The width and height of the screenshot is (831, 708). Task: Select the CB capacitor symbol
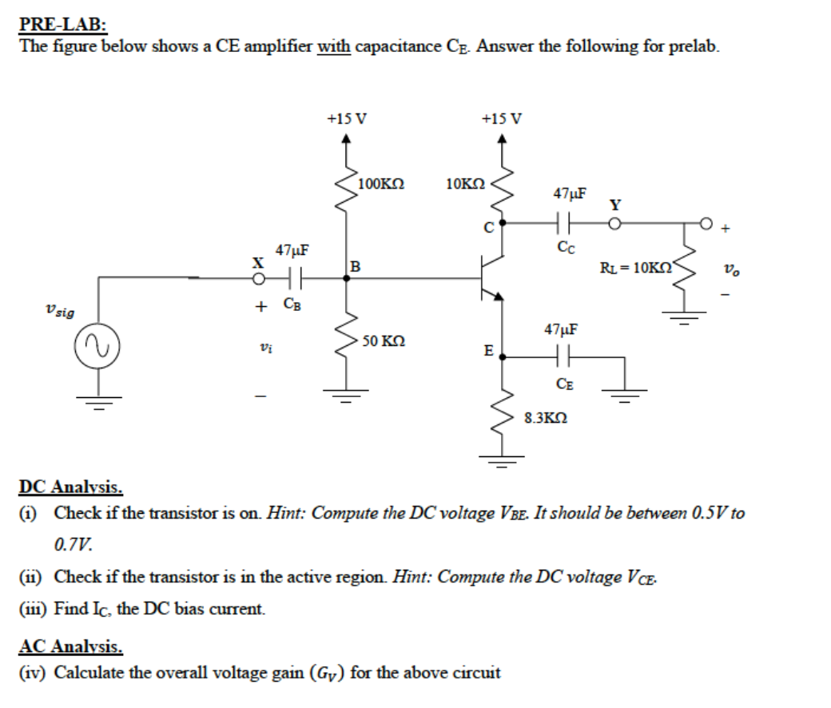pyautogui.click(x=293, y=279)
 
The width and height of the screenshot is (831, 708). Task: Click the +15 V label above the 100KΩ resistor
pyautogui.click(x=347, y=119)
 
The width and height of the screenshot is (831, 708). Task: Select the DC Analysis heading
pyautogui.click(x=71, y=487)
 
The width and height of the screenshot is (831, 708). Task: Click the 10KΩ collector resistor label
pyautogui.click(x=465, y=185)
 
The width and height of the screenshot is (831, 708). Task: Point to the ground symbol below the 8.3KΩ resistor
pyautogui.click(x=502, y=458)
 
